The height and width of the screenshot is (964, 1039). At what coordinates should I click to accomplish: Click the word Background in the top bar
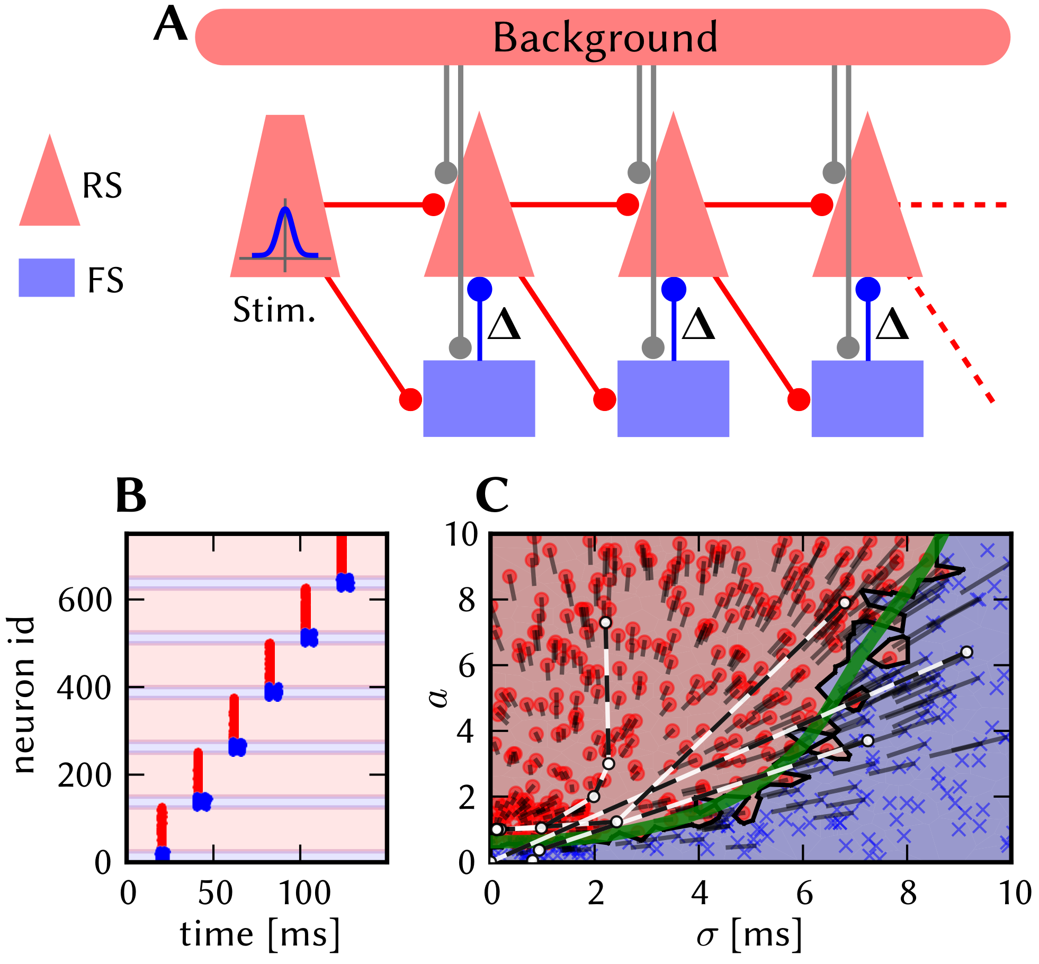[605, 38]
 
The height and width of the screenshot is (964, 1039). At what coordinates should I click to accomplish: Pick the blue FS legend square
[47, 278]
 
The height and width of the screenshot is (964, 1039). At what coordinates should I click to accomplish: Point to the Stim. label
[274, 310]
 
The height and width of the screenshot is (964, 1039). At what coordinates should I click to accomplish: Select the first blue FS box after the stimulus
[479, 398]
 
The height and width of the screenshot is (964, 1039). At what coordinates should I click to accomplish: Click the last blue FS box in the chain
[867, 398]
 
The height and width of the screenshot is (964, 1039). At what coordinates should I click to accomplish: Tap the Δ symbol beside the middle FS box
[698, 324]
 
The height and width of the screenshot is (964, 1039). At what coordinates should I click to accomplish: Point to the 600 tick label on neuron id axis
[85, 601]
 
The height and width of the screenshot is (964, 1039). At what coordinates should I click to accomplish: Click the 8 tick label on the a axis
[467, 601]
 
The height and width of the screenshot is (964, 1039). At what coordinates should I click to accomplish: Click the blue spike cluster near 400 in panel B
[274, 692]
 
